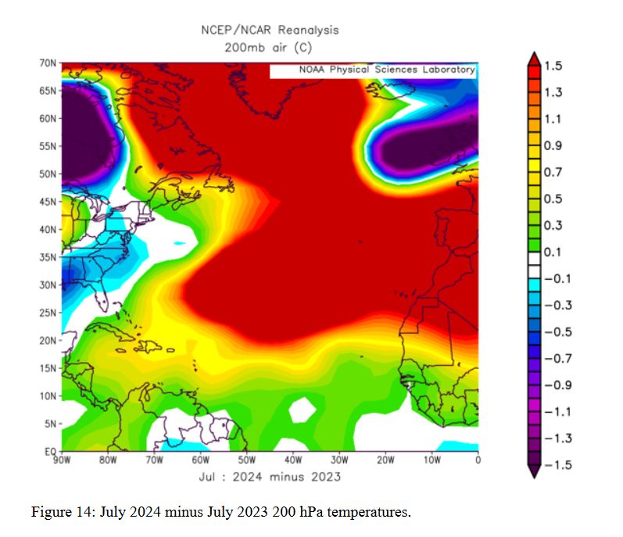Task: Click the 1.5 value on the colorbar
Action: pos(553,66)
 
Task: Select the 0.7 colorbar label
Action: pos(553,172)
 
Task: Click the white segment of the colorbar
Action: pos(534,265)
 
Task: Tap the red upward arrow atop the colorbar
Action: pos(534,59)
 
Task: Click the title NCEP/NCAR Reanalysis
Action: pos(270,30)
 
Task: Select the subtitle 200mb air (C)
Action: pos(270,46)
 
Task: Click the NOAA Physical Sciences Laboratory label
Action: pos(387,70)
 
